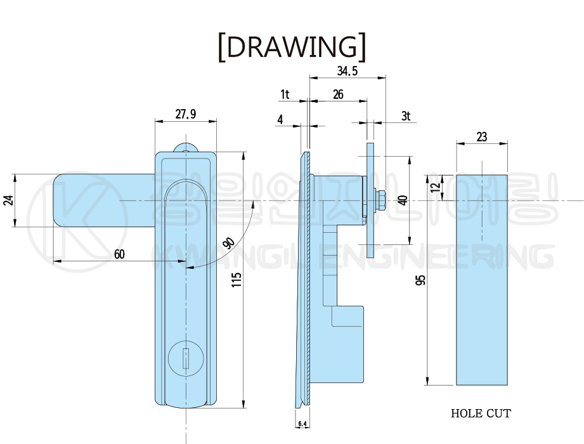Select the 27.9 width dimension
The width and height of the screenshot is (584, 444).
click(x=185, y=114)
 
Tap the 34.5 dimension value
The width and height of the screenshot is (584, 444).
click(x=347, y=71)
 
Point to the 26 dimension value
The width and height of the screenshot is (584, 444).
click(x=338, y=95)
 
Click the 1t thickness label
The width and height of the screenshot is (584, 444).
click(x=285, y=95)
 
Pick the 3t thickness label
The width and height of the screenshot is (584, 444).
click(x=406, y=116)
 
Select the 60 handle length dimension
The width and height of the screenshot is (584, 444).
click(x=119, y=254)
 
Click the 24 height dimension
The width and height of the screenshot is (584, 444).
click(x=8, y=200)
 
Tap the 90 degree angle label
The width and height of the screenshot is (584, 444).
click(x=229, y=243)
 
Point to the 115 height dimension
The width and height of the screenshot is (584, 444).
click(x=236, y=280)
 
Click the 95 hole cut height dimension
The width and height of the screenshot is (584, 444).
click(x=420, y=280)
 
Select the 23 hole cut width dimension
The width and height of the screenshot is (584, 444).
click(x=481, y=136)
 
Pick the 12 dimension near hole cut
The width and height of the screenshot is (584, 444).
click(x=434, y=188)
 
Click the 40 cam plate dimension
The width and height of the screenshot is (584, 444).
click(x=401, y=200)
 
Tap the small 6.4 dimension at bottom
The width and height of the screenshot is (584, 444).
click(x=302, y=424)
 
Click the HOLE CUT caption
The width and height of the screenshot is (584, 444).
click(x=481, y=414)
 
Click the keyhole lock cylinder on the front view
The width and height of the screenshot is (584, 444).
click(x=185, y=360)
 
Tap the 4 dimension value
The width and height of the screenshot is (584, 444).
click(x=280, y=119)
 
